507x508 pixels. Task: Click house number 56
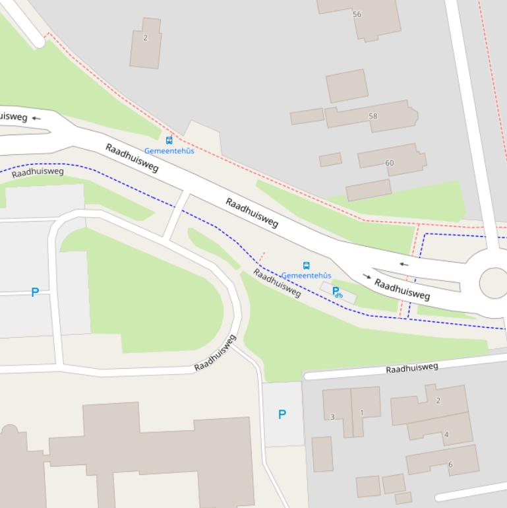357,14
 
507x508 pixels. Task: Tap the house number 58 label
373,116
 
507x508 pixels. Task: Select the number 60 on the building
389,163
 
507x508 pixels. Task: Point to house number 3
332,417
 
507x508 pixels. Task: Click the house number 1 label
361,413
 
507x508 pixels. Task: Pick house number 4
446,434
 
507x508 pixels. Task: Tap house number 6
450,464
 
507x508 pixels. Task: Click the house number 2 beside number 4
438,400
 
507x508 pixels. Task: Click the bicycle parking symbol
337,292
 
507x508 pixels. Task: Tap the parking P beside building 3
282,414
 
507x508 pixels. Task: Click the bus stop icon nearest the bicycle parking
306,265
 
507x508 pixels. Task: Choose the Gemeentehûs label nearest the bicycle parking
306,275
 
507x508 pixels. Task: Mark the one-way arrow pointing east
367,276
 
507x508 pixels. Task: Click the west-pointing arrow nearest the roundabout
403,265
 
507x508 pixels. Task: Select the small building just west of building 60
330,160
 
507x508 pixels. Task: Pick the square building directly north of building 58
347,86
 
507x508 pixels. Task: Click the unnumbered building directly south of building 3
322,454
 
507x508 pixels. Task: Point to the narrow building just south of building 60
369,190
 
